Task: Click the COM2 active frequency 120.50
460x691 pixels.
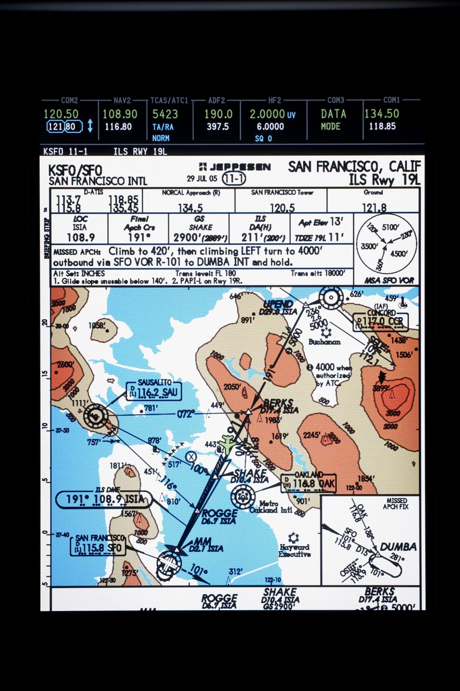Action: pyautogui.click(x=61, y=114)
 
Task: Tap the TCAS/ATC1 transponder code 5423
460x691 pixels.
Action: pyautogui.click(x=165, y=114)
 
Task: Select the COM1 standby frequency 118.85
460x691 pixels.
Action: pyautogui.click(x=382, y=127)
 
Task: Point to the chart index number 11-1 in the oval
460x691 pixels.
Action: pyautogui.click(x=234, y=178)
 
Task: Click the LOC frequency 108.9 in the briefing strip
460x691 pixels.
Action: pyautogui.click(x=81, y=238)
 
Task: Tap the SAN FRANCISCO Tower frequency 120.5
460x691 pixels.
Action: pyautogui.click(x=282, y=208)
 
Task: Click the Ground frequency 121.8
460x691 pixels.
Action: pyautogui.click(x=374, y=208)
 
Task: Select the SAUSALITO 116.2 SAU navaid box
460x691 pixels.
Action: pyautogui.click(x=154, y=391)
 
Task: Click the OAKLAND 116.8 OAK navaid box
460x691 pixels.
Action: pyautogui.click(x=308, y=483)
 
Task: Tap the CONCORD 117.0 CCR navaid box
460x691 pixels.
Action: pyautogui.click(x=380, y=321)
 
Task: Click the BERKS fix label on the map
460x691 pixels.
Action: pyautogui.click(x=278, y=403)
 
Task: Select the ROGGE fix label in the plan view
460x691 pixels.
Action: pyautogui.click(x=219, y=513)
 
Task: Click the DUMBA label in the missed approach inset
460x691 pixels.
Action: pyautogui.click(x=398, y=547)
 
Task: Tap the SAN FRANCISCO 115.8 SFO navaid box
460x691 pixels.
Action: pyautogui.click(x=98, y=547)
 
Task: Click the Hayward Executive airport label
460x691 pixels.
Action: pyautogui.click(x=295, y=550)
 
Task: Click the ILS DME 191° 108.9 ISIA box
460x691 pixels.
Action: pyautogui.click(x=104, y=499)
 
